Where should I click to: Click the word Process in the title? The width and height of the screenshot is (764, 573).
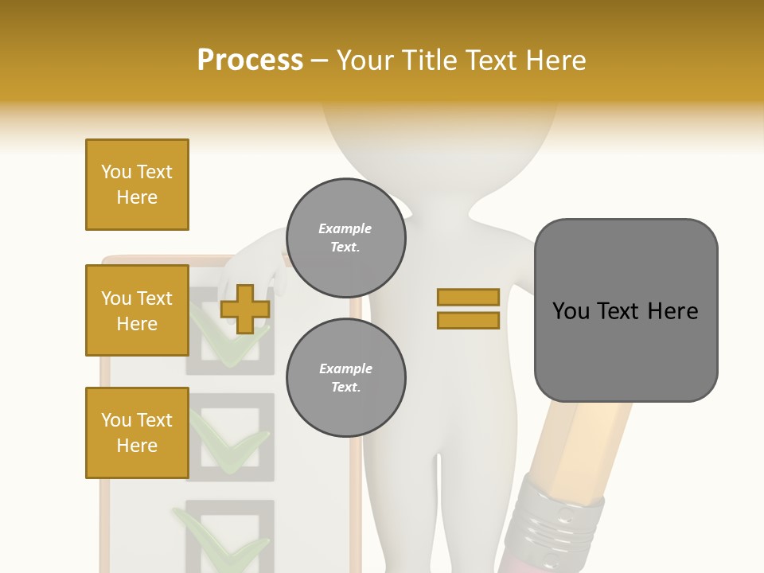(250, 60)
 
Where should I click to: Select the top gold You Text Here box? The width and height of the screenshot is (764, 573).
(137, 185)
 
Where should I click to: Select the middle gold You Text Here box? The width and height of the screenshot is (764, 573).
(137, 310)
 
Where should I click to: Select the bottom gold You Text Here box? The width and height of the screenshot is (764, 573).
(137, 433)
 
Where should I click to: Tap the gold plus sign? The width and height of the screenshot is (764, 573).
(245, 309)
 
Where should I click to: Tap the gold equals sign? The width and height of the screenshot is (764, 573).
(468, 309)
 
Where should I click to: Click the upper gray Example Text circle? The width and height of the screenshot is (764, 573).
(346, 238)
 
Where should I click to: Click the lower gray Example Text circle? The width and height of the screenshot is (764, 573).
(346, 378)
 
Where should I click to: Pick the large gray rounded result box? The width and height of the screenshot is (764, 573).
(626, 310)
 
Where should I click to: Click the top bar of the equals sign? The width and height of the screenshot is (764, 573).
(468, 298)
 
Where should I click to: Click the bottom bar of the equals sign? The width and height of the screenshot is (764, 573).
(468, 321)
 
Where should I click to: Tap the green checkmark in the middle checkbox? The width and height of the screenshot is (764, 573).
(231, 446)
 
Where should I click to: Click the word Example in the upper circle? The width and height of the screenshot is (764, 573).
(345, 228)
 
